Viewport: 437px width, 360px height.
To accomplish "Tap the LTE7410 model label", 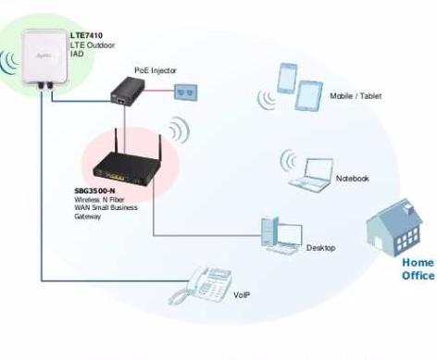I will tap(87, 35).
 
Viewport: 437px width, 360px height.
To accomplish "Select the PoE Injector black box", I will tap(122, 88).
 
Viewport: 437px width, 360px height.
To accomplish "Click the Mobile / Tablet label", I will tap(355, 95).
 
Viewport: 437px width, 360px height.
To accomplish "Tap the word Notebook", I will tap(352, 178).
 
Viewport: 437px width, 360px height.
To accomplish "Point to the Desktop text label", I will tap(319, 248).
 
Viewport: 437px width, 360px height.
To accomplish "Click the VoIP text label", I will tap(241, 295).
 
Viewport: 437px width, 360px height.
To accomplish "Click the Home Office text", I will tap(417, 268).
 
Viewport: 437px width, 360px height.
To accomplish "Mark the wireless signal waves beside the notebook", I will tap(287, 163).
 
